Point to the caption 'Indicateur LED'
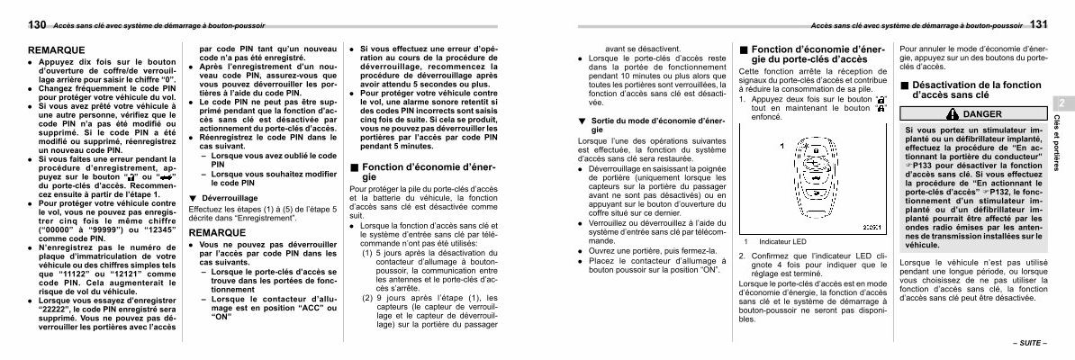pyautogui.click(x=782, y=241)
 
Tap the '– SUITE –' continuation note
pyautogui.click(x=1029, y=344)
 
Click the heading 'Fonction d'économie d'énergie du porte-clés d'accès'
pyautogui.click(x=809, y=54)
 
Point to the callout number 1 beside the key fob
pyautogui.click(x=781, y=146)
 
